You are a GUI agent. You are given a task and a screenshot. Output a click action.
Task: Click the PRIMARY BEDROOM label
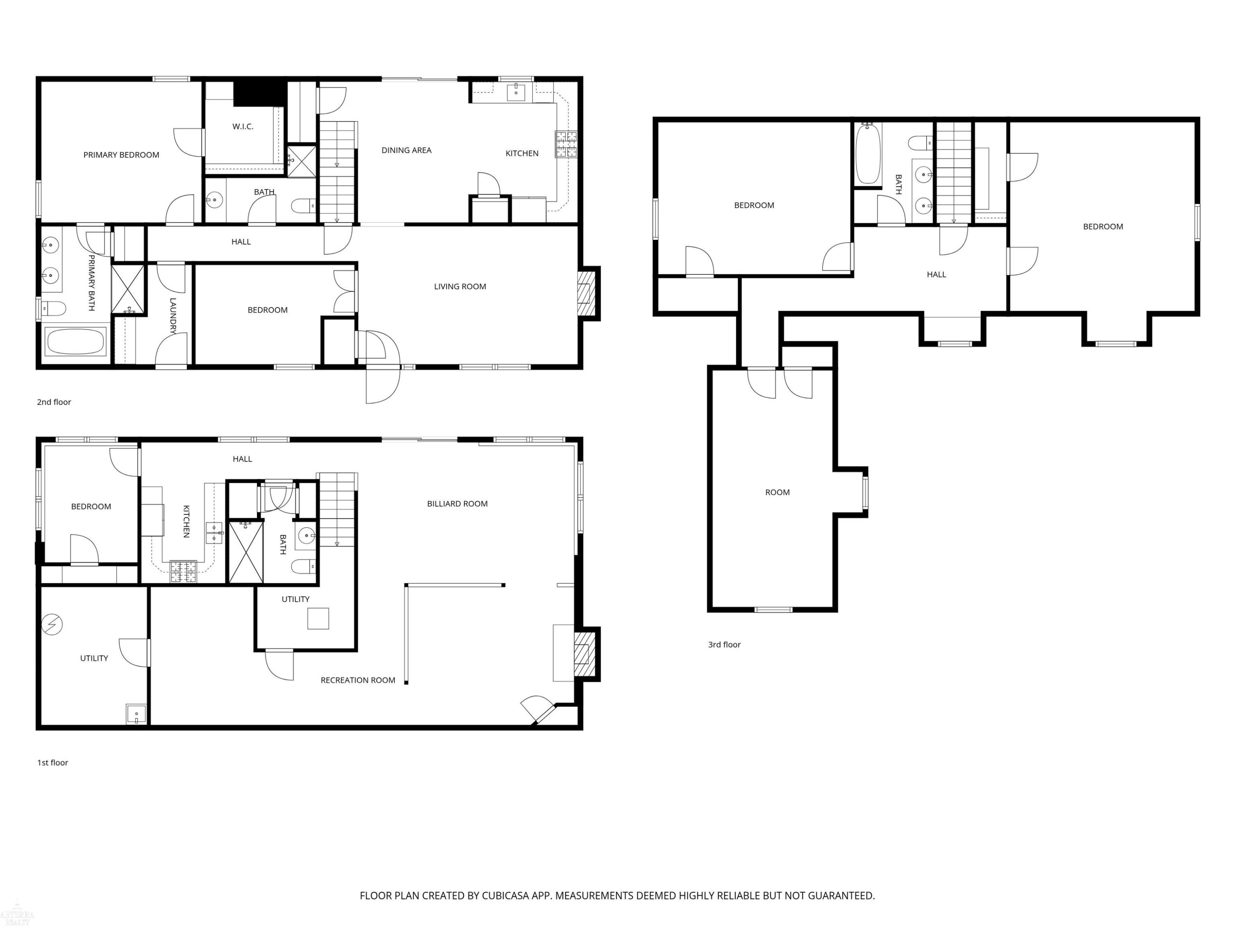(121, 155)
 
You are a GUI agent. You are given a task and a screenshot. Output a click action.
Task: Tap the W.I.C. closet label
(243, 126)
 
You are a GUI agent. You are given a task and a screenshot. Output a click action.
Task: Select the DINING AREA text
(406, 150)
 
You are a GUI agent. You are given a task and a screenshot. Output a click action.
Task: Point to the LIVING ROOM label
(460, 286)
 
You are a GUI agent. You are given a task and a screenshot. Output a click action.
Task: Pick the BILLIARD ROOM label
(457, 503)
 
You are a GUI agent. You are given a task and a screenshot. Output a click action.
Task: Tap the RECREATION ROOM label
(358, 680)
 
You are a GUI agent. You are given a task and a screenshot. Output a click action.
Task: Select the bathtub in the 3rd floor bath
(868, 154)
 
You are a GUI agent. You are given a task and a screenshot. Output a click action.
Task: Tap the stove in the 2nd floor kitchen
(566, 144)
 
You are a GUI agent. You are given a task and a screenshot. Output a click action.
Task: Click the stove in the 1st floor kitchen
(183, 571)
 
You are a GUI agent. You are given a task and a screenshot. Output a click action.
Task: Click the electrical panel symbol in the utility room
(52, 624)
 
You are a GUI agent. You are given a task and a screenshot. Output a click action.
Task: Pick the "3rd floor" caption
(724, 644)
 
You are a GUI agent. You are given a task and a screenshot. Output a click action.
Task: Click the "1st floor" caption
(52, 762)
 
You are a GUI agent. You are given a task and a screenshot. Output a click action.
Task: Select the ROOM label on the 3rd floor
(777, 492)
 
